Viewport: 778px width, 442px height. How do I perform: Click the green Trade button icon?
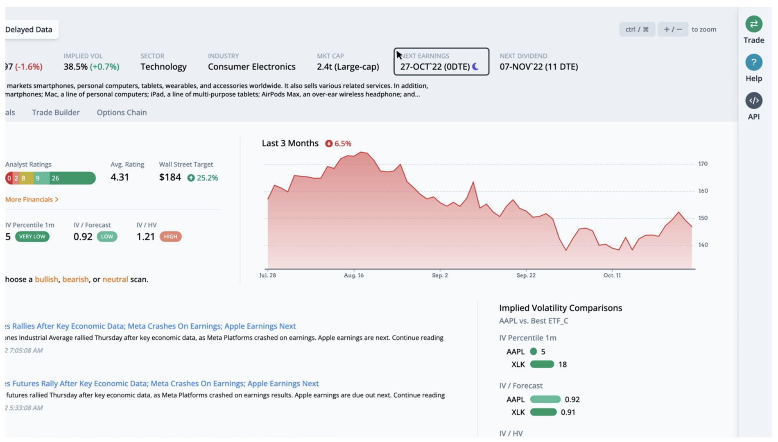pyautogui.click(x=753, y=24)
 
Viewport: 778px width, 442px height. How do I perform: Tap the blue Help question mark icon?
pyautogui.click(x=753, y=62)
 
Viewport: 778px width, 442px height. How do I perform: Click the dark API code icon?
pyautogui.click(x=753, y=101)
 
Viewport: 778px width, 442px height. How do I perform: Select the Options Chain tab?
pyautogui.click(x=122, y=113)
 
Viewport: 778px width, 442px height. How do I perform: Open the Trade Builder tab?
pyautogui.click(x=56, y=113)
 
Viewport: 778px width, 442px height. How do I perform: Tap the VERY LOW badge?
pyautogui.click(x=32, y=237)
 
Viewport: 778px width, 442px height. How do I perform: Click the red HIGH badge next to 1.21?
pyautogui.click(x=170, y=237)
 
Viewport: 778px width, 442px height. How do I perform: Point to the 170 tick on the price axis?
pyautogui.click(x=703, y=164)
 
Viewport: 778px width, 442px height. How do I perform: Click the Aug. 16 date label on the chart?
pyautogui.click(x=353, y=275)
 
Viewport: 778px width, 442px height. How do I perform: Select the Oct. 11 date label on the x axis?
pyautogui.click(x=612, y=275)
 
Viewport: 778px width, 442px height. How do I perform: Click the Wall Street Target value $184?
pyautogui.click(x=170, y=177)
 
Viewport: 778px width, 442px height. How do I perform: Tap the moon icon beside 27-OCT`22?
pyautogui.click(x=475, y=67)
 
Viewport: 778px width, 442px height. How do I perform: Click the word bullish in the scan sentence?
pyautogui.click(x=46, y=280)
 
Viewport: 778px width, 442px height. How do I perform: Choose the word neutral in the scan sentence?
pyautogui.click(x=115, y=280)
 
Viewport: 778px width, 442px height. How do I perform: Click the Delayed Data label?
pyautogui.click(x=29, y=29)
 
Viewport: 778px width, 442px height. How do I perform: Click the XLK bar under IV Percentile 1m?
pyautogui.click(x=542, y=364)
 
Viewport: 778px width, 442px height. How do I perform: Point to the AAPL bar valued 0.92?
pyautogui.click(x=545, y=399)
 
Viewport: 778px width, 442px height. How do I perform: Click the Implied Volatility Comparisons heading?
pyautogui.click(x=560, y=308)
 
